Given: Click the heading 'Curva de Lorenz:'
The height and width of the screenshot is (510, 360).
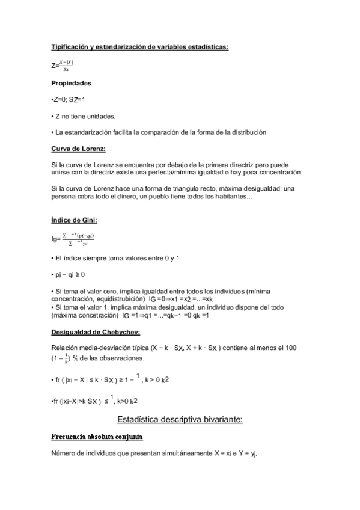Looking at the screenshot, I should [79, 148].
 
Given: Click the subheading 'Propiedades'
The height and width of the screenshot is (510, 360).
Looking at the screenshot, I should [72, 83].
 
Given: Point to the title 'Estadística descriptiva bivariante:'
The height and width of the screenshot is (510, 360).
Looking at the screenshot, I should [179, 420].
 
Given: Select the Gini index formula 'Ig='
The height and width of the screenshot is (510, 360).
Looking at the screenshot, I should [56, 239].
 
